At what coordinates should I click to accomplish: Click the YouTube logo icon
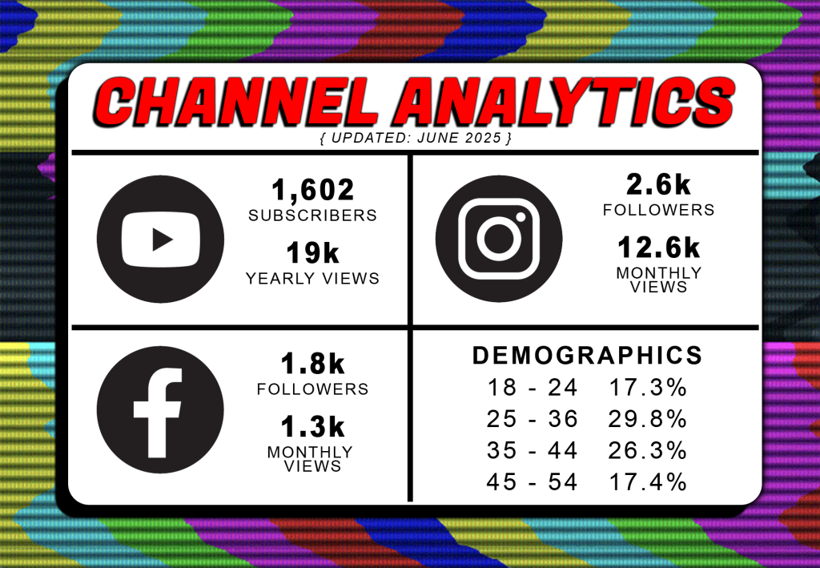point(160,239)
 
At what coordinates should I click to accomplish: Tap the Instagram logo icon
point(499,239)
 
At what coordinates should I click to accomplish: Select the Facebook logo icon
point(160,409)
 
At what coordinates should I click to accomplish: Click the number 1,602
point(313,189)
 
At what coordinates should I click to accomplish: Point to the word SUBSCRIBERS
point(313,216)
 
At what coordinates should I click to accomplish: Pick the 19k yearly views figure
point(313,253)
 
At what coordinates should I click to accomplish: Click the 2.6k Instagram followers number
point(658,184)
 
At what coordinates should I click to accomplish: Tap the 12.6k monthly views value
point(658,248)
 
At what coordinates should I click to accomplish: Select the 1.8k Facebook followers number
point(313,364)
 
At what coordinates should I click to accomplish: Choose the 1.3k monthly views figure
point(313,426)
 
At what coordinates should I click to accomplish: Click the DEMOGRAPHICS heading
point(587,356)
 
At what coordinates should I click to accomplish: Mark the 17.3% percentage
point(648,388)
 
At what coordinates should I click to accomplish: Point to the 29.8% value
point(647,419)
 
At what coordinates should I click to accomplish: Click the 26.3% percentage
point(647,450)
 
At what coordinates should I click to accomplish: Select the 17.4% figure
point(648,481)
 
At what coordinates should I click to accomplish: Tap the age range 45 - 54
point(532,481)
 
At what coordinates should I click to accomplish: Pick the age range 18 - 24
point(533,388)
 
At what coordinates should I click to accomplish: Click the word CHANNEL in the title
point(236,102)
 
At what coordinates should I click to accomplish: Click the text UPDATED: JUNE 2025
point(416,138)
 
